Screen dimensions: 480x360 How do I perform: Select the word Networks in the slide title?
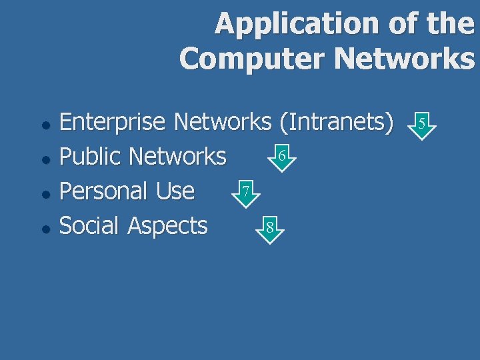click(x=405, y=58)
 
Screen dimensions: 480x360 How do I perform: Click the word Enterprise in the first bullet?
click(x=113, y=122)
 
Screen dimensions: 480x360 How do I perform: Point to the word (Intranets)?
click(x=336, y=122)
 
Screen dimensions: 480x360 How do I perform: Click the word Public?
click(x=90, y=157)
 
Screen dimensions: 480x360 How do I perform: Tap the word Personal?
click(x=104, y=191)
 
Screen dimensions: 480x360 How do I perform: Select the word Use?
click(x=175, y=191)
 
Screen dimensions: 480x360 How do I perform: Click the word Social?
click(x=90, y=226)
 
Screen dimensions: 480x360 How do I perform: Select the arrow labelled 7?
click(x=246, y=193)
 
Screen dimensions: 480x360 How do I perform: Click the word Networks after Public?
click(x=177, y=157)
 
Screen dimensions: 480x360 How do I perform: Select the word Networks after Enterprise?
click(x=222, y=122)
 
